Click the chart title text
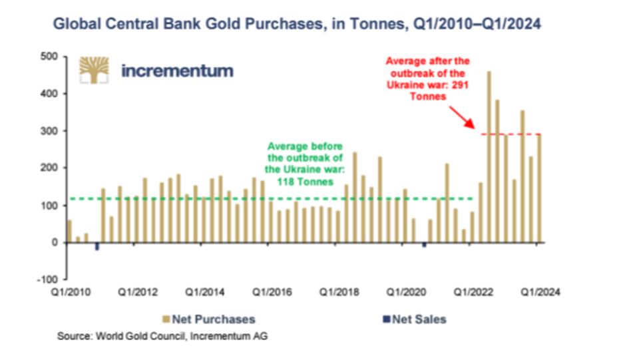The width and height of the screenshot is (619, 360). click(297, 25)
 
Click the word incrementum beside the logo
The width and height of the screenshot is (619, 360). click(177, 71)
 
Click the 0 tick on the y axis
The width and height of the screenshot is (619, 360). click(55, 243)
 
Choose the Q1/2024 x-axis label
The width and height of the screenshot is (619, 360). click(540, 292)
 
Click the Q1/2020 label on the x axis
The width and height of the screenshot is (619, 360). click(405, 292)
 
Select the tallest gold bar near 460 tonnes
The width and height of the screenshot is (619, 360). click(490, 156)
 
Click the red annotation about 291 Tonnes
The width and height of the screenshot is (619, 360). click(427, 78)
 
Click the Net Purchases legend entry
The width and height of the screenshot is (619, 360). click(208, 319)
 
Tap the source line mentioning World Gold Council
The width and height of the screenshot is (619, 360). click(162, 337)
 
